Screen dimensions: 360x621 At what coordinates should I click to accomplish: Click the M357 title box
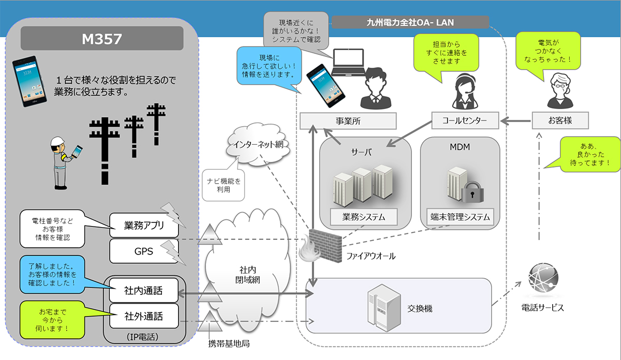[101, 38]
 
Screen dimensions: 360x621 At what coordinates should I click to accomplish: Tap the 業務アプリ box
[144, 226]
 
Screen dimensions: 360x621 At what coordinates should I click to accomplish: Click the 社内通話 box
[143, 291]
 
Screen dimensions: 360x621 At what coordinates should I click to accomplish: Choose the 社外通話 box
[143, 315]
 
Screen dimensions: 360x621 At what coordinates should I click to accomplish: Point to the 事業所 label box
[348, 122]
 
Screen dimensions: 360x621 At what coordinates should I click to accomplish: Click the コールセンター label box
[464, 122]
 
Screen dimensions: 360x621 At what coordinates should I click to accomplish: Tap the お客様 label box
[561, 122]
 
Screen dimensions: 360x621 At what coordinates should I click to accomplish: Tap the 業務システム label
[364, 217]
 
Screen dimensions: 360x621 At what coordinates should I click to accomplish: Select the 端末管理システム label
[460, 217]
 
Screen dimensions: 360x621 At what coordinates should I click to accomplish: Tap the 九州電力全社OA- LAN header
[410, 22]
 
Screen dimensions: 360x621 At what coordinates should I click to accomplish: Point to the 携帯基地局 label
[225, 343]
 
